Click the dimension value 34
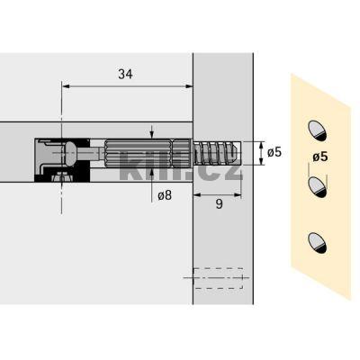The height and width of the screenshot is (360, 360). click(x=125, y=74)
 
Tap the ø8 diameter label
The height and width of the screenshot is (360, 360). click(x=165, y=195)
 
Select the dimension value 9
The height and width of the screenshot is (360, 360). click(x=220, y=204)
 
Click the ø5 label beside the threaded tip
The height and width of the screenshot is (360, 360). click(x=274, y=152)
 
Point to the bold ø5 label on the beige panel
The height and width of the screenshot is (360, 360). click(x=320, y=157)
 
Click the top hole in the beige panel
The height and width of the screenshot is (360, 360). click(x=317, y=130)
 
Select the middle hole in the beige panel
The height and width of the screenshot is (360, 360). click(x=317, y=187)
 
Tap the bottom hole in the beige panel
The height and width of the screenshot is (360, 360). click(x=317, y=243)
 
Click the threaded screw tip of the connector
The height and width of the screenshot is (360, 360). click(x=217, y=153)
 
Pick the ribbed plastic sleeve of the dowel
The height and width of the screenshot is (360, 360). click(x=148, y=153)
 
